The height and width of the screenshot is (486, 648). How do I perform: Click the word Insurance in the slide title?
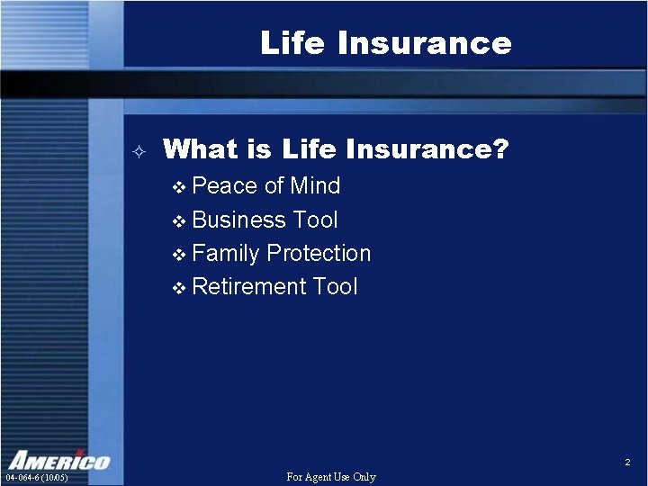(422, 42)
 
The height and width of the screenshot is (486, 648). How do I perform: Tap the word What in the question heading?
(200, 148)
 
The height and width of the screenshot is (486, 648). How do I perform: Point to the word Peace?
(225, 186)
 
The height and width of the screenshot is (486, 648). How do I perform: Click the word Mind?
(315, 186)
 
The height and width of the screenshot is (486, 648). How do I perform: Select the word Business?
(238, 220)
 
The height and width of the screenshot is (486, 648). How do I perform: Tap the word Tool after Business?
(315, 220)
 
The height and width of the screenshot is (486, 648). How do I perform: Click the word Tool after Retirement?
(335, 287)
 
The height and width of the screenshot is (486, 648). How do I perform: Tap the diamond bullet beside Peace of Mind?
(178, 188)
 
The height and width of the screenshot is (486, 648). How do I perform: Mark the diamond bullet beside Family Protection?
(178, 256)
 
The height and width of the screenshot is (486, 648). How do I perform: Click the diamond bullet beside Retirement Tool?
(178, 289)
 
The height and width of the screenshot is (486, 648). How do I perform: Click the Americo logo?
(59, 459)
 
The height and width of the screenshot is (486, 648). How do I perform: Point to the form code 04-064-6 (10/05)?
(37, 477)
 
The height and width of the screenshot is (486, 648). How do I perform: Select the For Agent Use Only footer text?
(330, 477)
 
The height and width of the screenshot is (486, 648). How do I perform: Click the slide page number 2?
(627, 463)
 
